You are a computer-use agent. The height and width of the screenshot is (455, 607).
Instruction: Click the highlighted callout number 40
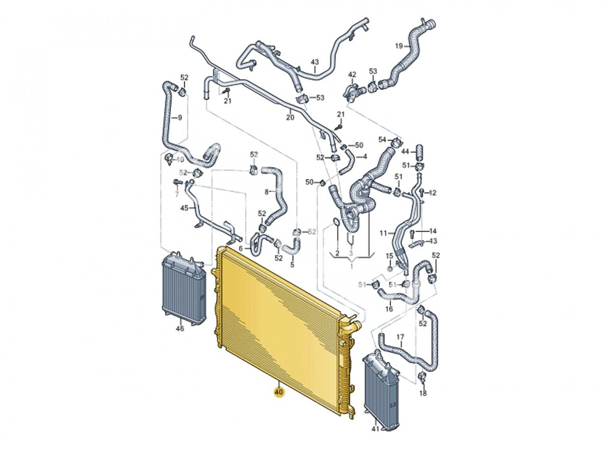point(278,392)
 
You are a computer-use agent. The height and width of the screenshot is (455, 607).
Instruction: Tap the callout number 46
point(180,328)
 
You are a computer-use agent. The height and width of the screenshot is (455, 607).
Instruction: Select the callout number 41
point(375,437)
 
